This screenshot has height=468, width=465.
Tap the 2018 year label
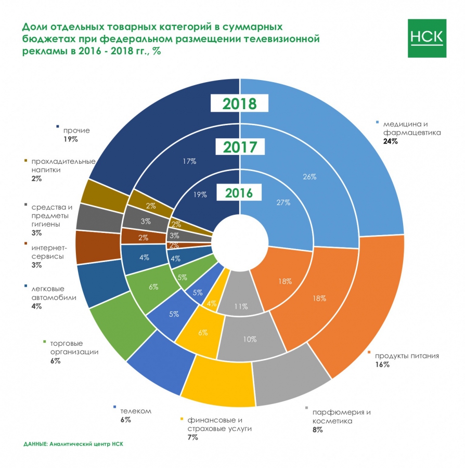[240, 103]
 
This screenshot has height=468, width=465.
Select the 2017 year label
[240, 147]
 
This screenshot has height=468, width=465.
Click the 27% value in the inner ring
[283, 203]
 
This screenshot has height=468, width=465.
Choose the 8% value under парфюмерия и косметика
[317, 430]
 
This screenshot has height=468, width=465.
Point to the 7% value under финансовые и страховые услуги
[193, 437]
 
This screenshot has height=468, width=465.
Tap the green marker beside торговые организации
[44, 342]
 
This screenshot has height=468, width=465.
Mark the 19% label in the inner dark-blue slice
[200, 194]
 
